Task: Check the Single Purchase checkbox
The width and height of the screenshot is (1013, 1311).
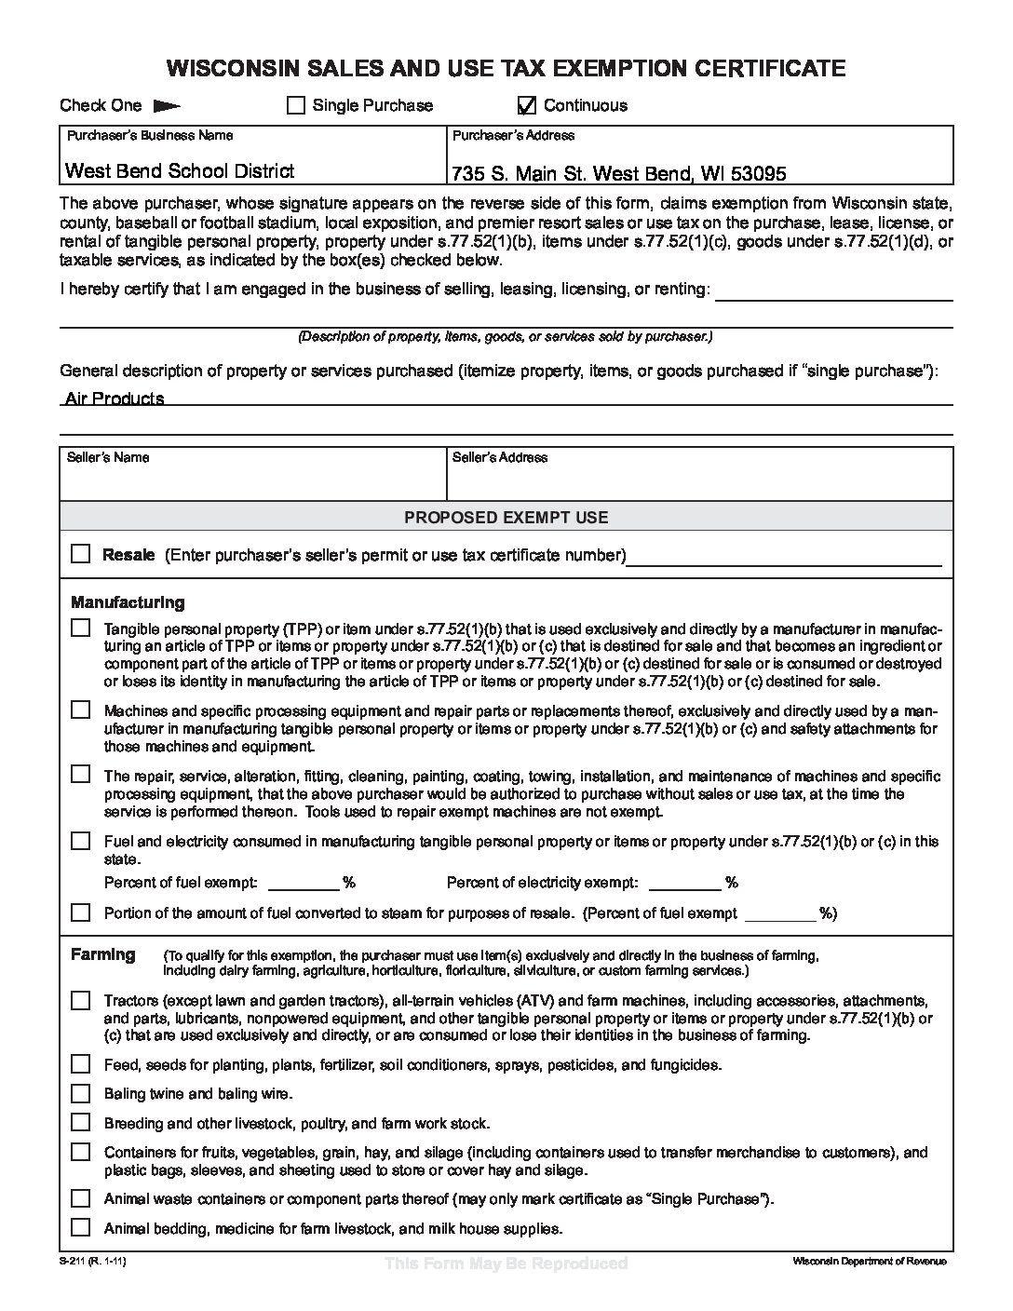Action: [296, 105]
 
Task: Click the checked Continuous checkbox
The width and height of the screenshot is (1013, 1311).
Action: [527, 105]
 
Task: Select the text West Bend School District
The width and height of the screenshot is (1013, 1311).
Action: [180, 170]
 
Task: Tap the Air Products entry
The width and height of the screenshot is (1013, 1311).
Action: [115, 399]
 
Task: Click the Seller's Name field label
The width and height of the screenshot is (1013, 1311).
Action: [108, 457]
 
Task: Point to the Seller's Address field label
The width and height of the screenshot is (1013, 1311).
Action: [500, 457]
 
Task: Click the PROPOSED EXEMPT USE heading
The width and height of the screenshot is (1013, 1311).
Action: [506, 517]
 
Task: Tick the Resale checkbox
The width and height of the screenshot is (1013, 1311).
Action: [81, 553]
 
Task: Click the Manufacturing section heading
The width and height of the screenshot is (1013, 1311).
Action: [128, 602]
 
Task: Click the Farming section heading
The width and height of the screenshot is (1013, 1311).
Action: [103, 954]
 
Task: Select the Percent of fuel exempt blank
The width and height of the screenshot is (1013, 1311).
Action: [304, 883]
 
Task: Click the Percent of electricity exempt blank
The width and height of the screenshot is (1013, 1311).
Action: [684, 883]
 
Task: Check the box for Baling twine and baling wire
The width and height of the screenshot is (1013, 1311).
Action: [81, 1093]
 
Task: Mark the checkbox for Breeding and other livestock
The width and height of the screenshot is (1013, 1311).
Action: [81, 1123]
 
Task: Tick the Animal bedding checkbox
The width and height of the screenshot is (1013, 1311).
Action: [81, 1227]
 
